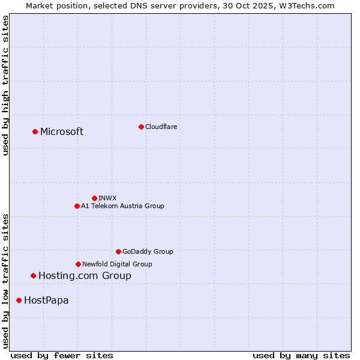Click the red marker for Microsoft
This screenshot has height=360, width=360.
(35, 131)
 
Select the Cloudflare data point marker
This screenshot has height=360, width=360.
(141, 127)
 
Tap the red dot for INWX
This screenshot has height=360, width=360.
(94, 198)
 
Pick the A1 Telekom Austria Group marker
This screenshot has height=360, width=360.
(77, 206)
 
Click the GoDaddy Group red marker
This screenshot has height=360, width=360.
(118, 251)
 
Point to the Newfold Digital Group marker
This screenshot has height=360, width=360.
(78, 264)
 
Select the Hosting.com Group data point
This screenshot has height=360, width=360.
(33, 275)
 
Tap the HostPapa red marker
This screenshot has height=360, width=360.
(19, 300)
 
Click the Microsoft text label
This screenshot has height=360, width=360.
(62, 132)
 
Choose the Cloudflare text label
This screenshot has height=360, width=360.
(161, 127)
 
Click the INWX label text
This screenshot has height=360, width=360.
(108, 198)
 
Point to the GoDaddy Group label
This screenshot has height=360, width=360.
(148, 251)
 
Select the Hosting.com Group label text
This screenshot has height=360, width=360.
(85, 276)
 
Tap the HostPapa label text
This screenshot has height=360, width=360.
(46, 301)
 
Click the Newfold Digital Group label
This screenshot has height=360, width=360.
(117, 264)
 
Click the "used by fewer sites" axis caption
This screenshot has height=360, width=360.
(62, 355)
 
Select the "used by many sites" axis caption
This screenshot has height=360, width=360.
(301, 355)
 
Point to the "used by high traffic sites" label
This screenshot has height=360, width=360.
(5, 85)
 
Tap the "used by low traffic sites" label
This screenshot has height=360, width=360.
(5, 280)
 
